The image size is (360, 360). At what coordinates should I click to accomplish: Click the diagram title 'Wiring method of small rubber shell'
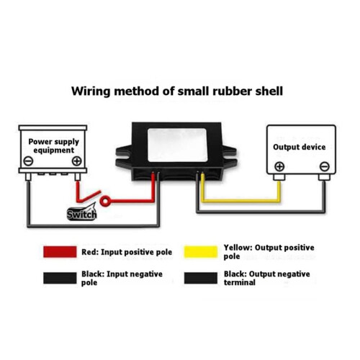[177, 91]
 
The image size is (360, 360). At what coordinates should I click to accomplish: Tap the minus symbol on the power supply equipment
[28, 161]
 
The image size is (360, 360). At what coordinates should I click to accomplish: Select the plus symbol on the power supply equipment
[77, 161]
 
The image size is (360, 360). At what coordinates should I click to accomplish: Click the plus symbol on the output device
[279, 166]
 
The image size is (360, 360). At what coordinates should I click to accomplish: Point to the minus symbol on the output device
[325, 166]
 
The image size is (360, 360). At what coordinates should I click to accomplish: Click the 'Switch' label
[81, 214]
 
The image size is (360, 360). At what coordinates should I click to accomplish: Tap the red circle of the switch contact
[105, 201]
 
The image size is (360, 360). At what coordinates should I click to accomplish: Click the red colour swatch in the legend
[60, 252]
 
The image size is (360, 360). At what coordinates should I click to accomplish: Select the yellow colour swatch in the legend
[201, 252]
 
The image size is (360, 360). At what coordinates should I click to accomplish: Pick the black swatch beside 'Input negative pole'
[60, 278]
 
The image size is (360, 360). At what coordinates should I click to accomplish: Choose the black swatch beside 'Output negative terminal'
[201, 278]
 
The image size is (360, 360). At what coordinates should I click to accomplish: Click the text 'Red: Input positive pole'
[127, 252]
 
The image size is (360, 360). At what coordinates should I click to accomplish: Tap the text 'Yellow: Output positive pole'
[269, 252]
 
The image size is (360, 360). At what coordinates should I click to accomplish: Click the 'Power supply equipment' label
[53, 145]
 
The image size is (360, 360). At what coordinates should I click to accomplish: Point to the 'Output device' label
[300, 147]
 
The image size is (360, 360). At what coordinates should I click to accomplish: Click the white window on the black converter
[177, 145]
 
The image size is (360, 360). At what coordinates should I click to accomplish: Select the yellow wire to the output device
[241, 200]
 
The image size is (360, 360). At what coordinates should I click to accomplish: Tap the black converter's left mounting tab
[124, 156]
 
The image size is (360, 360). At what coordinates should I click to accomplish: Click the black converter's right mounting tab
[229, 156]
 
